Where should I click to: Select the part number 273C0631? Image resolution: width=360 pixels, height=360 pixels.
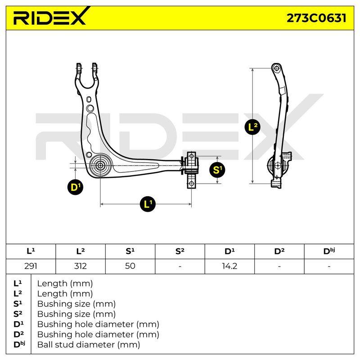point(316,18)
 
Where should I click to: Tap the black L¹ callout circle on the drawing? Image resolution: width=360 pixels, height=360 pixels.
point(148,204)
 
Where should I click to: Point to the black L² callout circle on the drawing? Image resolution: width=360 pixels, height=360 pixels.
point(252,126)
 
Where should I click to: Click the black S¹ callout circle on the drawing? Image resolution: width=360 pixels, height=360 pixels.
point(217,170)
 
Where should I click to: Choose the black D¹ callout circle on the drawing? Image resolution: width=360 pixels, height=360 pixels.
point(75,187)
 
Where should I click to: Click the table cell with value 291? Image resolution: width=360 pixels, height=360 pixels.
point(31,266)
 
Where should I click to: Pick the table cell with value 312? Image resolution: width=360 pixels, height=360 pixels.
point(81,266)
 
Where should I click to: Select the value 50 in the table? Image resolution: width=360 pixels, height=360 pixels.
point(130,266)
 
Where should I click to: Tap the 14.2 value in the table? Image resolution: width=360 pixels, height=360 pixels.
point(229,266)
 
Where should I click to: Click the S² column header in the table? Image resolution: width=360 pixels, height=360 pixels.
point(180,251)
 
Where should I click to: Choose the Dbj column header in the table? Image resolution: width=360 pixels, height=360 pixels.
point(329,251)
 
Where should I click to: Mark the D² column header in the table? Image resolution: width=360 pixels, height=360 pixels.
point(279,251)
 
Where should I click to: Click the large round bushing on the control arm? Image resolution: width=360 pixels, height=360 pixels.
point(100,165)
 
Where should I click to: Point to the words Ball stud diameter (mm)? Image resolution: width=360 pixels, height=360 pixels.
point(89,345)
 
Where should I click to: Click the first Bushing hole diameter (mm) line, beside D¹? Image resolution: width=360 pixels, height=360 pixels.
point(98,324)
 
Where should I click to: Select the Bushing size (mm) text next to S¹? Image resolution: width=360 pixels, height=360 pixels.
point(76,304)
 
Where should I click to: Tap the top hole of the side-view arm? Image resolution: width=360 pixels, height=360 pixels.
point(277,68)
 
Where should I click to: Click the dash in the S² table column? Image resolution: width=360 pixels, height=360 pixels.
point(180,266)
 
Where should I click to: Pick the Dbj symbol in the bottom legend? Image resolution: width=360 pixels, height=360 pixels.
point(19,344)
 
